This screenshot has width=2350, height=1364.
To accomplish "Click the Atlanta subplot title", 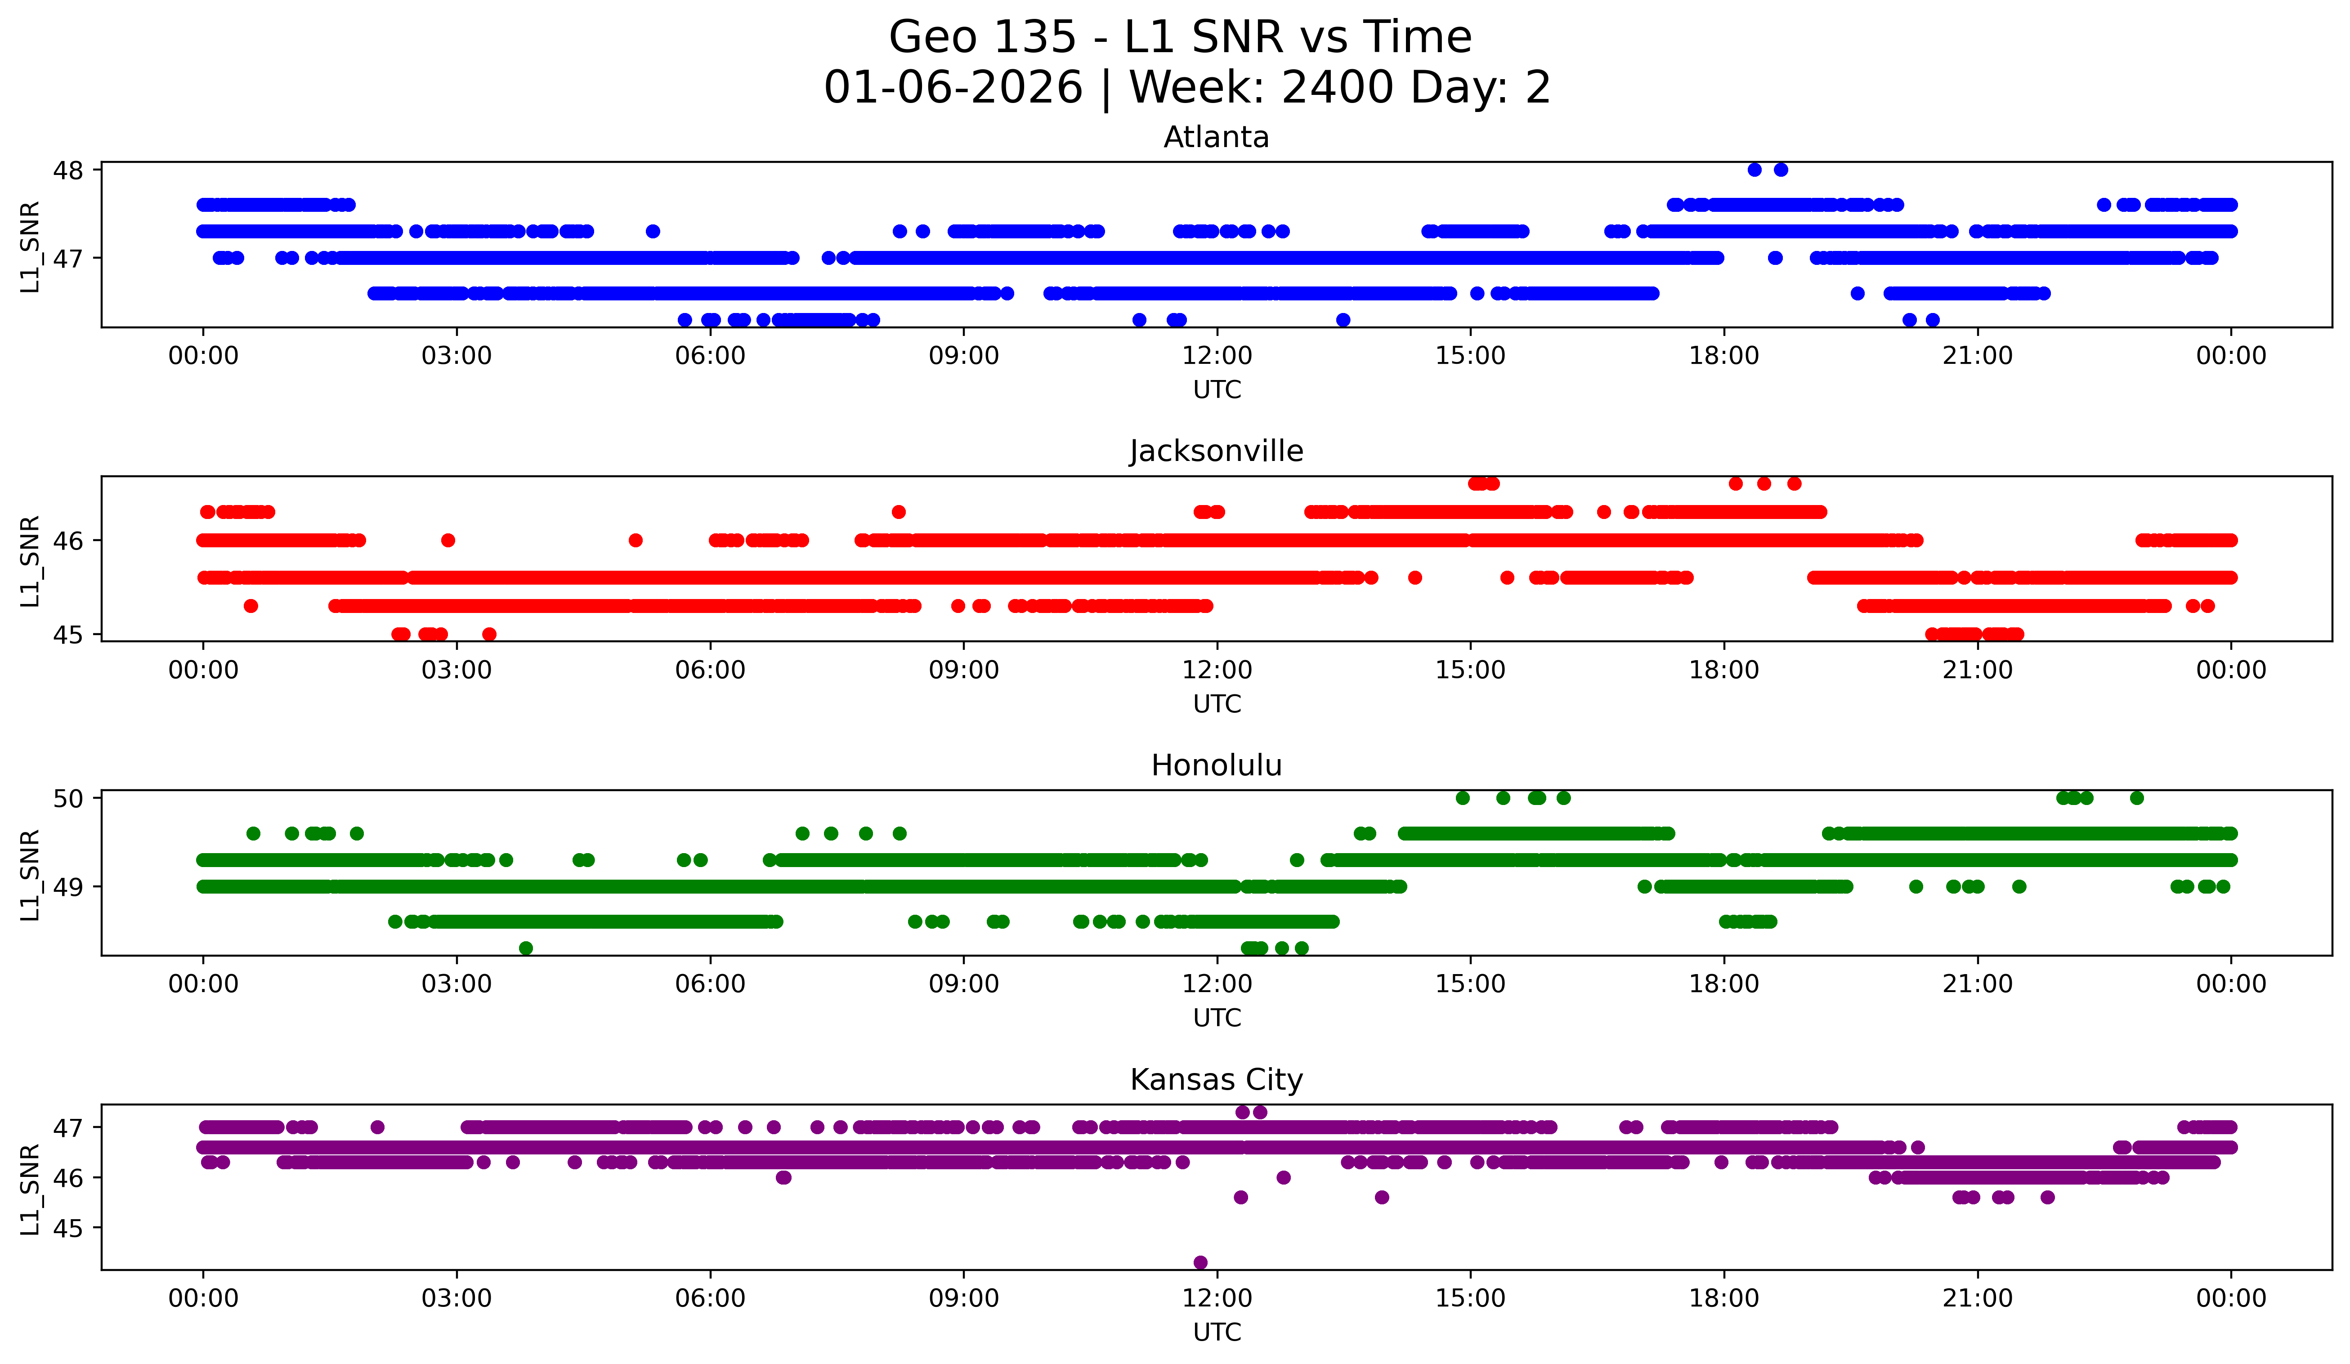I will (1216, 137).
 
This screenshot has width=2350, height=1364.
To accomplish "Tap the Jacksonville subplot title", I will (1216, 451).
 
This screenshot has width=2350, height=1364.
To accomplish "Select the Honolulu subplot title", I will (1216, 765).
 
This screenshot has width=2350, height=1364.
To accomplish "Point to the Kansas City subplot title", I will (1216, 1080).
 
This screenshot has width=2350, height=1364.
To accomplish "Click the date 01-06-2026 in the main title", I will (953, 88).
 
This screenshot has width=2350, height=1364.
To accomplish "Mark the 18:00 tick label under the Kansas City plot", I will (1723, 1298).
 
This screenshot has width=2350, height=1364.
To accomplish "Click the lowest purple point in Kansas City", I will (1200, 1262).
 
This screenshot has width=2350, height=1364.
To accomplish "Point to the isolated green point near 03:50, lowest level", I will (526, 948).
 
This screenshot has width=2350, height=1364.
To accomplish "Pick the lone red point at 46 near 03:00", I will (448, 541).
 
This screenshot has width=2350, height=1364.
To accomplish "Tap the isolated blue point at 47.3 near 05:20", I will (653, 231).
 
